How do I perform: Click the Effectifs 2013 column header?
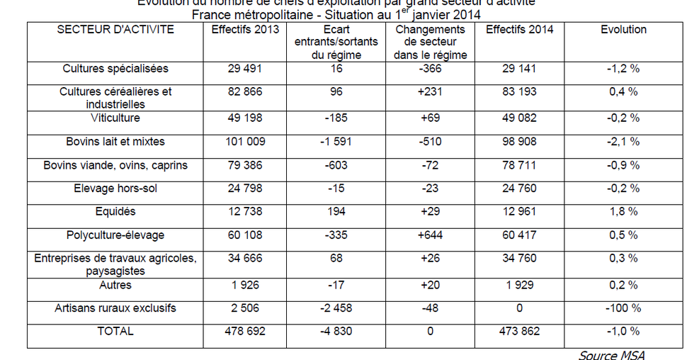tap(245, 30)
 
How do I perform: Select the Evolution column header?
tap(623, 30)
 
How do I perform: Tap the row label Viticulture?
tap(115, 118)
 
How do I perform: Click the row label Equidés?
tap(115, 211)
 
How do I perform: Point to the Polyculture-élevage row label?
tap(115, 235)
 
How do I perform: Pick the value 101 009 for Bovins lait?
tap(245, 142)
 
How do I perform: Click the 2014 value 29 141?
tap(519, 69)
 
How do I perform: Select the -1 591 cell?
tap(336, 142)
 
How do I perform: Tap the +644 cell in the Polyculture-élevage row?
tap(430, 235)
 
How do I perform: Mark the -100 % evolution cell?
tap(623, 308)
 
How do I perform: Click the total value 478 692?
tap(245, 330)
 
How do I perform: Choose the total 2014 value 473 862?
tap(519, 330)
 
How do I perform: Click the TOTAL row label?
tap(115, 330)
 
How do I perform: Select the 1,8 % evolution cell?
tap(623, 211)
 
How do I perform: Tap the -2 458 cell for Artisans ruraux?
tap(336, 308)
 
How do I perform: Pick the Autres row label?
tap(115, 285)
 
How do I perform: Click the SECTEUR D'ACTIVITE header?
tap(115, 30)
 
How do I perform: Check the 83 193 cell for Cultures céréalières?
tap(519, 91)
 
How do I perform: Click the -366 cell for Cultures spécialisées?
tap(430, 69)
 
